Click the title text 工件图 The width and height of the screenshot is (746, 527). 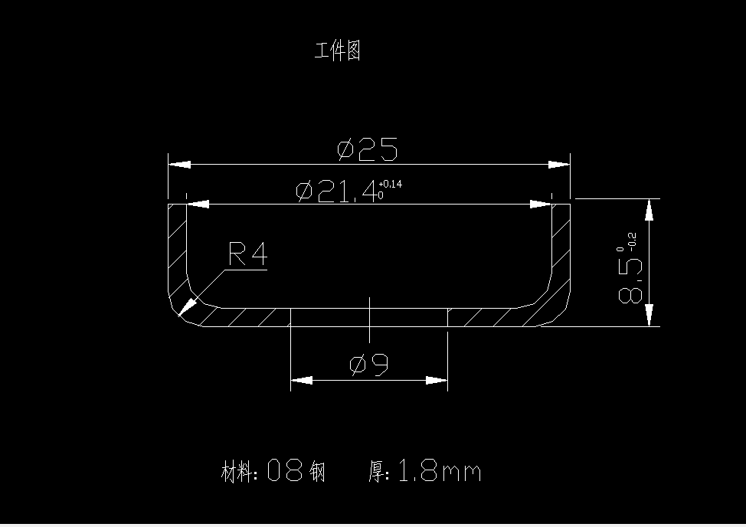point(337,51)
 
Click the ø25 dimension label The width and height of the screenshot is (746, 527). point(368,149)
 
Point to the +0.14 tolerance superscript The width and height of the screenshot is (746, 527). point(390,185)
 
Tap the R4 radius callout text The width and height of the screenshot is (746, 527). point(247,254)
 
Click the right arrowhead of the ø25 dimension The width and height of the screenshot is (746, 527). point(560,164)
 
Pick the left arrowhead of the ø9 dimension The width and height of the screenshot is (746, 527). point(301,380)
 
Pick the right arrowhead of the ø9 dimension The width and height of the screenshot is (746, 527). point(437,380)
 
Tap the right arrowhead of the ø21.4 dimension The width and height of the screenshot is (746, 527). point(542,205)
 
